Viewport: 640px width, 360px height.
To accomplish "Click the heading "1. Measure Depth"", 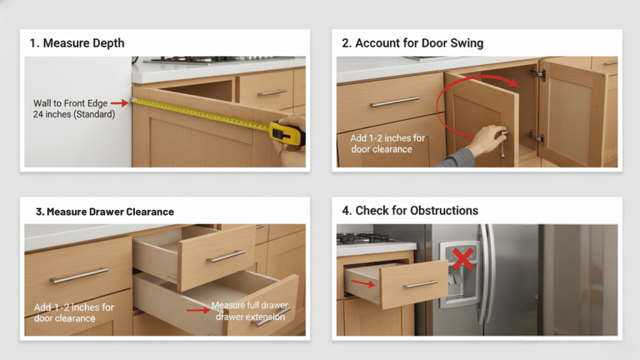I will [77, 43].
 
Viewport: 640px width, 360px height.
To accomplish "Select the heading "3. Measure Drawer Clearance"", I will [104, 212].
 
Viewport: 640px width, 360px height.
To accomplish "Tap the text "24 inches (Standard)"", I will [74, 114].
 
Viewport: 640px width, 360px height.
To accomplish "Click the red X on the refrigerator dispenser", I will [462, 257].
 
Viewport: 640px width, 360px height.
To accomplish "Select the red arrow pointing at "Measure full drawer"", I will [196, 309].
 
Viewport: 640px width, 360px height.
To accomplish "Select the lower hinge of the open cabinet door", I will [533, 136].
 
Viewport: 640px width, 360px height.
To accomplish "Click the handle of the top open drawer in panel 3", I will [226, 256].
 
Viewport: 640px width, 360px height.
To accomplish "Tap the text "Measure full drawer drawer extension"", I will [249, 311].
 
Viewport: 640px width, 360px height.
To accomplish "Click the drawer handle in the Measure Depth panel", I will [272, 92].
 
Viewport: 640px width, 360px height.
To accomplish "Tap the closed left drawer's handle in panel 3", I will [79, 276].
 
